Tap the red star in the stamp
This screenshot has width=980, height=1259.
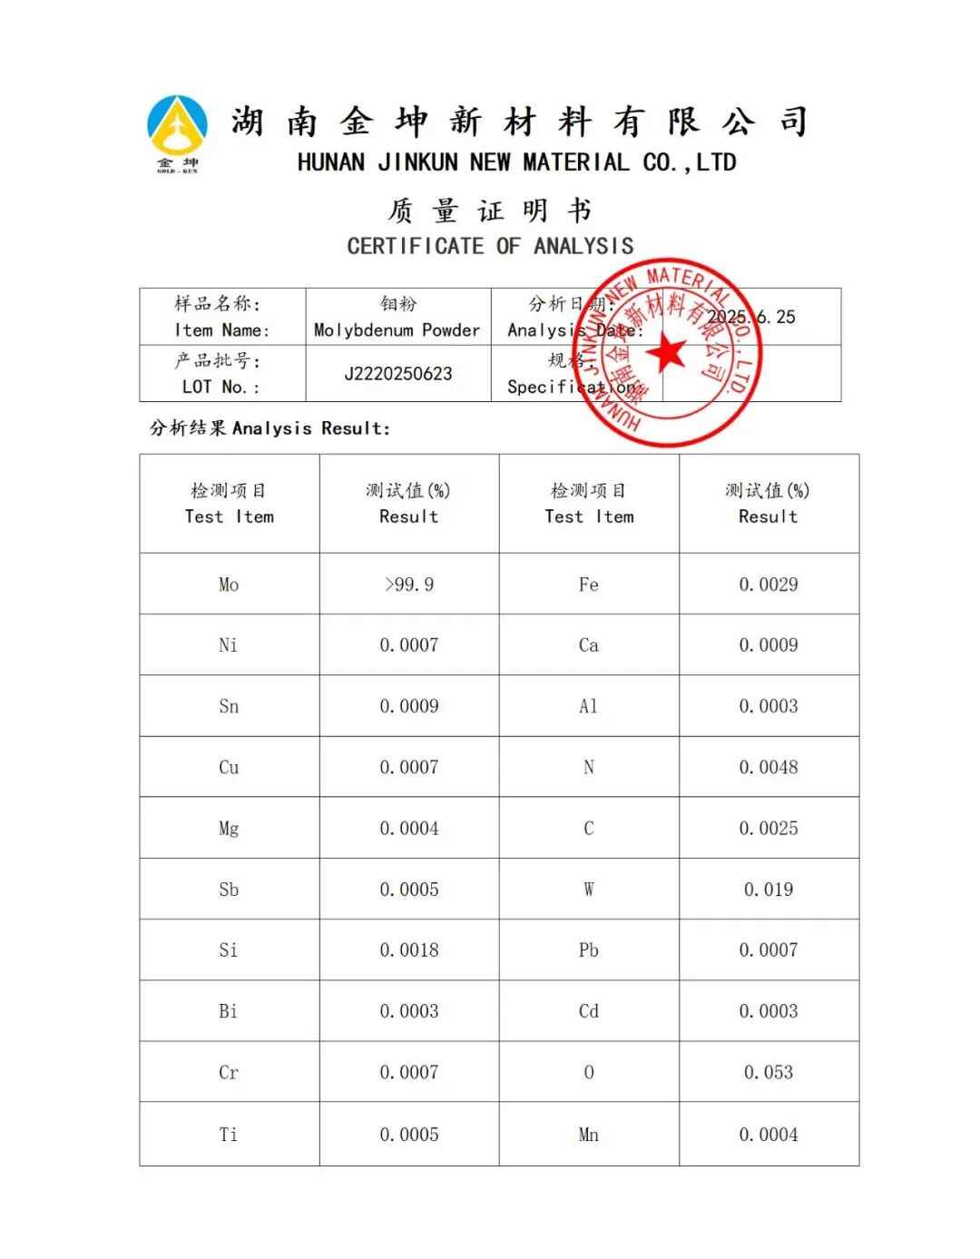coord(670,352)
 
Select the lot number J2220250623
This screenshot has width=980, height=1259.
coord(397,374)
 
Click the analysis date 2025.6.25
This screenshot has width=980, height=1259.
coord(751,317)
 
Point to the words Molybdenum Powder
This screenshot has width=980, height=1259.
coord(397,330)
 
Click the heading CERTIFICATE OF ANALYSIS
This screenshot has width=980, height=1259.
coord(490,246)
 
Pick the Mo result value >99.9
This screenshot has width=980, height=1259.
coord(408,585)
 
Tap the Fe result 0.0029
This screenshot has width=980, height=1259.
coord(768,585)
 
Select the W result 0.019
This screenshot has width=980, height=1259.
coord(768,890)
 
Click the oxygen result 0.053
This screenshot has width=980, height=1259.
coord(768,1072)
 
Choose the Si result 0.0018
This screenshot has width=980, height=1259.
coord(408,950)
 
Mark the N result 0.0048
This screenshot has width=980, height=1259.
coord(768,767)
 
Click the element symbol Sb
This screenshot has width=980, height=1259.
coord(229,890)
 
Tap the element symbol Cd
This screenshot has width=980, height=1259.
coord(589,1011)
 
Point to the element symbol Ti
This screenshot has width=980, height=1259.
coord(229,1135)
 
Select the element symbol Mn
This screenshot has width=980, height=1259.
coord(589,1135)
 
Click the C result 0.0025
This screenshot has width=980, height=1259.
coord(768,828)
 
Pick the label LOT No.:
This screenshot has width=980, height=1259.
coord(220,387)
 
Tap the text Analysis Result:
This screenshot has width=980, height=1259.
coord(310,428)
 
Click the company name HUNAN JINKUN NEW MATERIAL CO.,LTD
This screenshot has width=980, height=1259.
coord(516,163)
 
